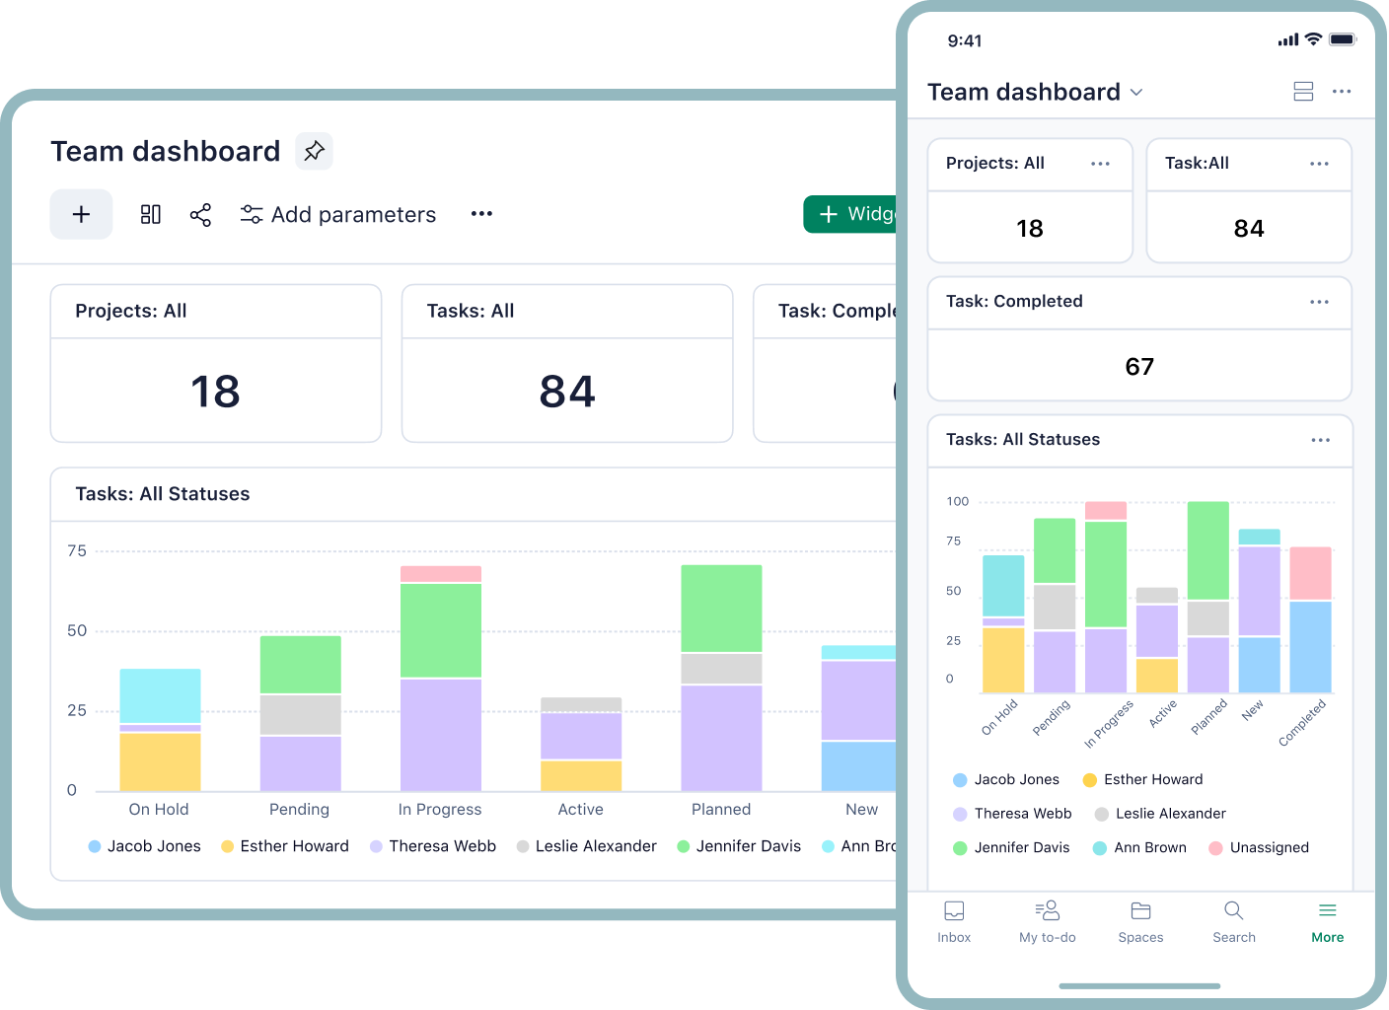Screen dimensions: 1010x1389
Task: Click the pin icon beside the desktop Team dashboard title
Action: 314,151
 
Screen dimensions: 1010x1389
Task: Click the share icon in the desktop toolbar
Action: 200,215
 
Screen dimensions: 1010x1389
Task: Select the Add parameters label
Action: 352,215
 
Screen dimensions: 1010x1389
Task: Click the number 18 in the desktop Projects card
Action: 215,392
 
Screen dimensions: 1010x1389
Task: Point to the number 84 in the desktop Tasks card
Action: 567,392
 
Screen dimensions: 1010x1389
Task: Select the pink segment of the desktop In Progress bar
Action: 441,574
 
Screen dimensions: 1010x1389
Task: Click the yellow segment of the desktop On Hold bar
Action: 160,761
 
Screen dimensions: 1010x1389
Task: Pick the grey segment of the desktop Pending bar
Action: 300,714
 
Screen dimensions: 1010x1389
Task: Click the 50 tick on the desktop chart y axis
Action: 77,631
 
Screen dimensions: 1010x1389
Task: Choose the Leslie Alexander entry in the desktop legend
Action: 595,846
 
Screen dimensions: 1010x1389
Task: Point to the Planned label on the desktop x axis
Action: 721,810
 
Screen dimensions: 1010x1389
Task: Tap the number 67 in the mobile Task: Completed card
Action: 1139,367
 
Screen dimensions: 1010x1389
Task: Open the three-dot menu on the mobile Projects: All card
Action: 1100,164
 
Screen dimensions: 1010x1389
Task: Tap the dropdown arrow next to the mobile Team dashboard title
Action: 1136,93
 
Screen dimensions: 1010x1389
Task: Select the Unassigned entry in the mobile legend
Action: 1269,847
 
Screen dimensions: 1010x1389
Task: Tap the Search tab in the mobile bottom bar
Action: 1234,921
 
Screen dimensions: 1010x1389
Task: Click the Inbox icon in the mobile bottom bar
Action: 954,910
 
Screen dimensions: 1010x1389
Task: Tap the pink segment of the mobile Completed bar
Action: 1310,573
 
